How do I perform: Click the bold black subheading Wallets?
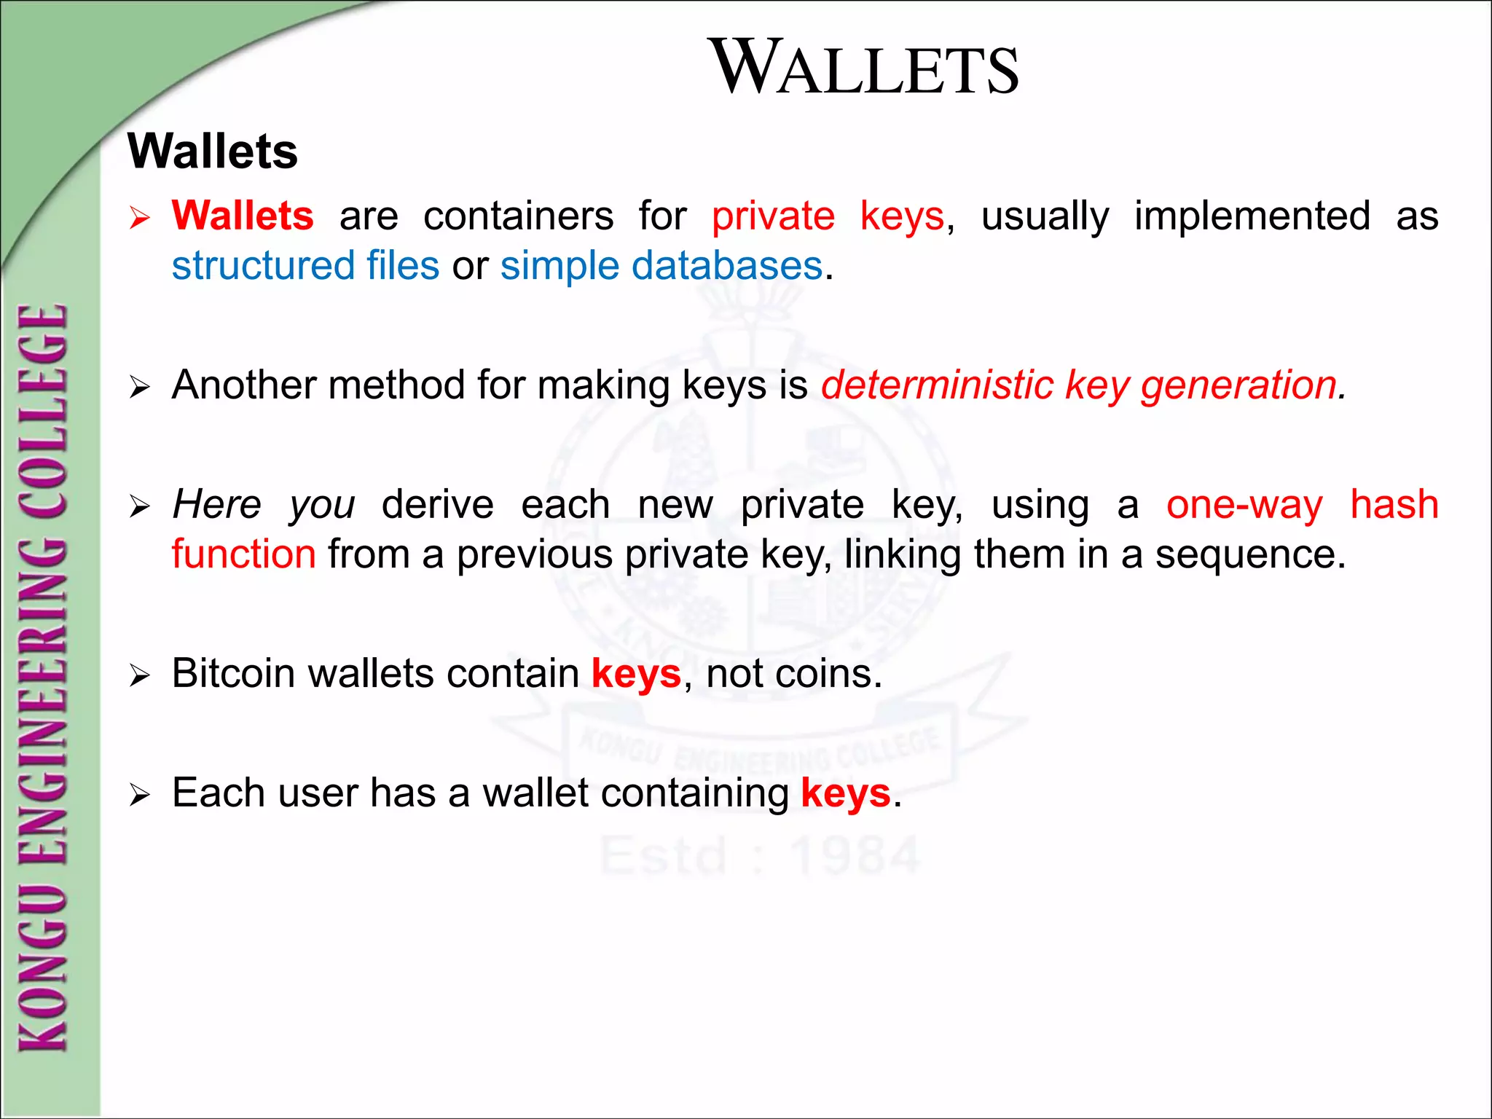point(213,152)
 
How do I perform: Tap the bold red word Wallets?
point(243,216)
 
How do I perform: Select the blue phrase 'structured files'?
point(305,265)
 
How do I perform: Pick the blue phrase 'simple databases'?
point(661,265)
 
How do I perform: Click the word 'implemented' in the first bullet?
point(1252,216)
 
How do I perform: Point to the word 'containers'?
point(518,216)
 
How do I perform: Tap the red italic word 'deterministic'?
point(937,385)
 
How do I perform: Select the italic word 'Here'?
point(216,504)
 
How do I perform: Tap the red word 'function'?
point(243,554)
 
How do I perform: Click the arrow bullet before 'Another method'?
point(139,387)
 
